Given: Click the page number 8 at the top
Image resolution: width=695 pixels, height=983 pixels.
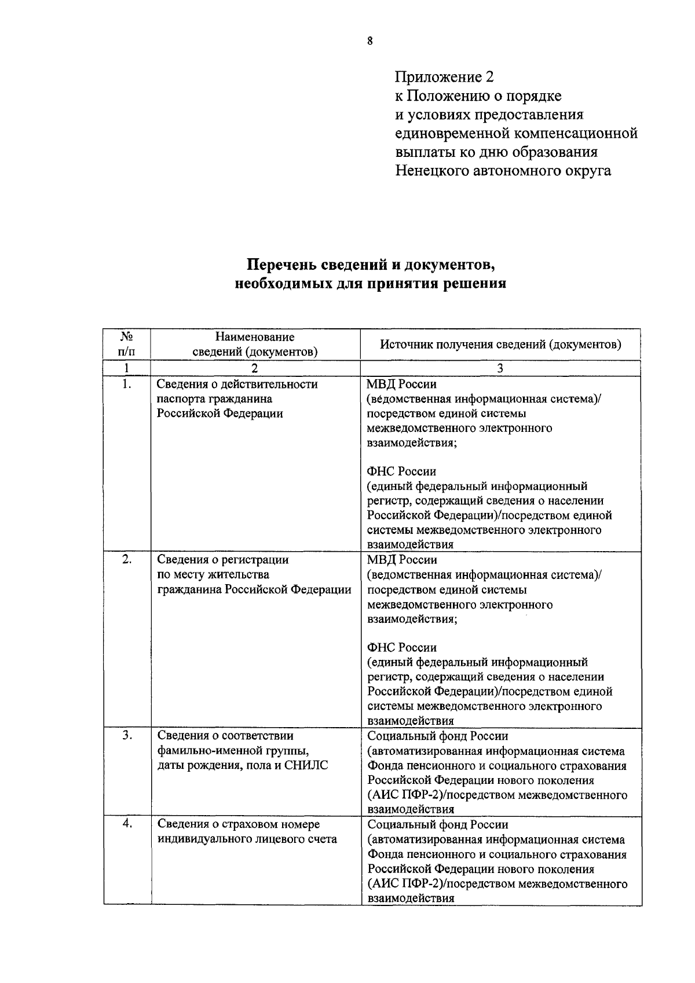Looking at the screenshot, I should (x=370, y=41).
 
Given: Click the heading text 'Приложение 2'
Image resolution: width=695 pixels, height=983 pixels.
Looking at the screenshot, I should (x=445, y=76).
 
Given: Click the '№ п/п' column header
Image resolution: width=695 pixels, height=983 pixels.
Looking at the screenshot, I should (x=126, y=344).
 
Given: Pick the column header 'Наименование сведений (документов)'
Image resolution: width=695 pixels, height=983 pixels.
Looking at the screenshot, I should (x=255, y=344).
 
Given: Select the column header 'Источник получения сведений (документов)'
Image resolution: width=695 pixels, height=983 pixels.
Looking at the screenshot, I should (x=500, y=344).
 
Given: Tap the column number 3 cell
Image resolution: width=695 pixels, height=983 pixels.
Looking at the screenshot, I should (x=500, y=368).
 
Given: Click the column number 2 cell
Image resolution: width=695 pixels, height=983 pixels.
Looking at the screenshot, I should (x=255, y=368).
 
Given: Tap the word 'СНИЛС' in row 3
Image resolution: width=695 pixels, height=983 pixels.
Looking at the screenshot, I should (x=307, y=765).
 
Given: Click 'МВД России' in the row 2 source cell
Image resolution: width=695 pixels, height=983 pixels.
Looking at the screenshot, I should (x=402, y=560).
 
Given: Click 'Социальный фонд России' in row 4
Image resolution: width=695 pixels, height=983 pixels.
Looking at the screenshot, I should (x=438, y=824).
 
